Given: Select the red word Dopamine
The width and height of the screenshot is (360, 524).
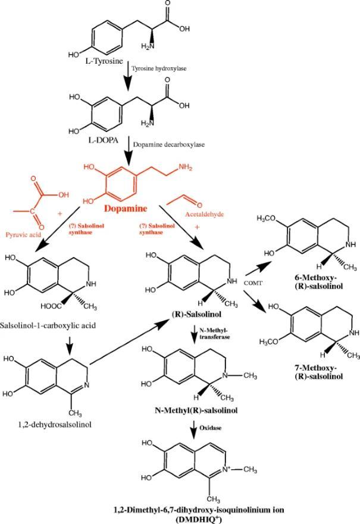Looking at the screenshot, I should point(127,209).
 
